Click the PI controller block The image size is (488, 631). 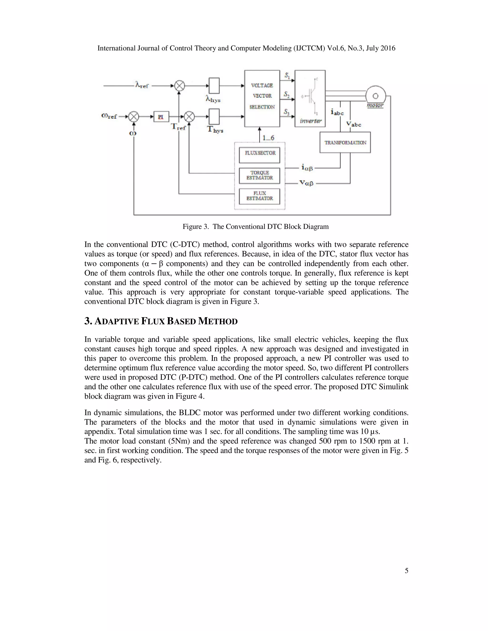pyautogui.click(x=161, y=117)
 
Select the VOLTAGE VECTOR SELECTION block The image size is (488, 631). pyautogui.click(x=262, y=98)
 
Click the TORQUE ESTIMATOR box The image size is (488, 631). pyautogui.click(x=260, y=175)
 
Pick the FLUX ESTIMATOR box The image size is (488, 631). pyautogui.click(x=260, y=196)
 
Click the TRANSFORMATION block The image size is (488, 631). pyautogui.click(x=345, y=142)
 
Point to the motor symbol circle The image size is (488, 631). pyautogui.click(x=375, y=96)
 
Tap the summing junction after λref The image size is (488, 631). pyautogui.click(x=179, y=85)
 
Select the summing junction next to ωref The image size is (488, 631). pyautogui.click(x=134, y=117)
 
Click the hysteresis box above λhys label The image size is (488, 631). pyautogui.click(x=214, y=85)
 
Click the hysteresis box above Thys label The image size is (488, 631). pyautogui.click(x=214, y=116)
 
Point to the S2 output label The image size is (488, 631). pyautogui.click(x=286, y=95)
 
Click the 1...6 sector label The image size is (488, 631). pyautogui.click(x=268, y=138)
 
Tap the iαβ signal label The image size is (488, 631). pyautogui.click(x=307, y=167)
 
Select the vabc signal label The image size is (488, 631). pyautogui.click(x=354, y=124)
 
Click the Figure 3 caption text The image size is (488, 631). pyautogui.click(x=256, y=226)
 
